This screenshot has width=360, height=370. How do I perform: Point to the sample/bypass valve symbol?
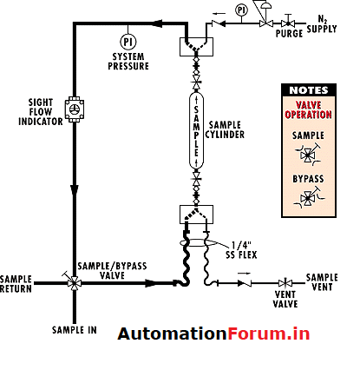coord(74,282)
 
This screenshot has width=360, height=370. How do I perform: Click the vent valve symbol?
coord(284,283)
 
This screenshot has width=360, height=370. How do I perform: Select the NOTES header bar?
coord(308,89)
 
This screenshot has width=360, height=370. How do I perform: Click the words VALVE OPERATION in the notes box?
coord(308,110)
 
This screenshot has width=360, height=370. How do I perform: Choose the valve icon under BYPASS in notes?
coord(308,199)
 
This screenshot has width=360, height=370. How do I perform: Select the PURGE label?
coord(289,33)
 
